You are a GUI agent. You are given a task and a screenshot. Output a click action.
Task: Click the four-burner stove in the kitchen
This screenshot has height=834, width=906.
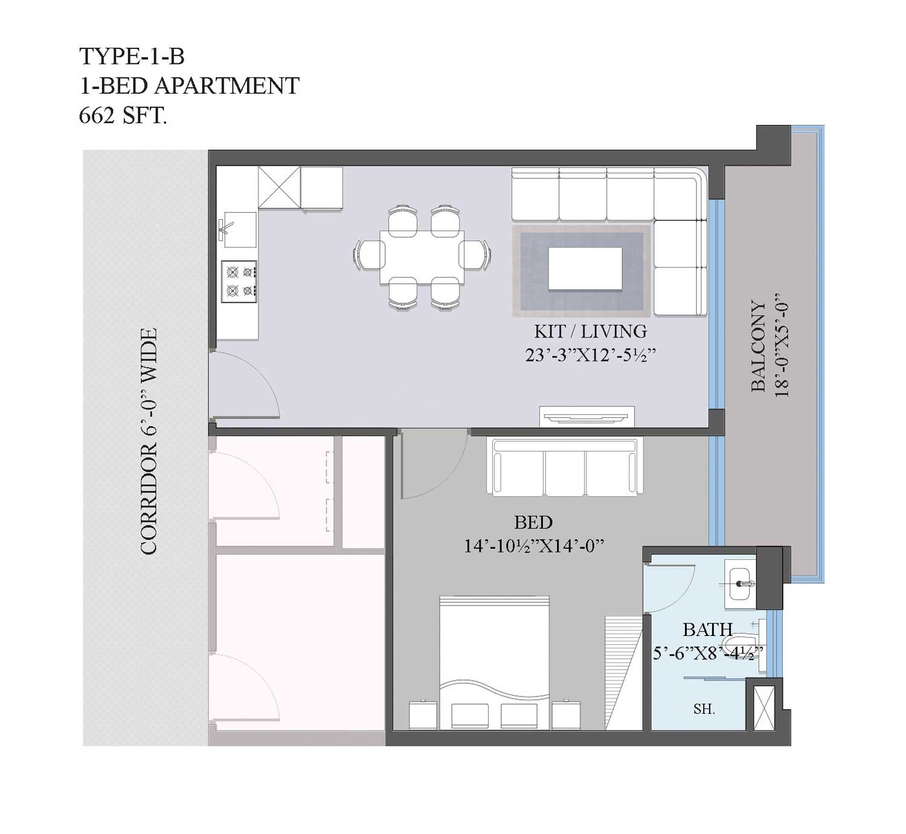pyautogui.click(x=239, y=281)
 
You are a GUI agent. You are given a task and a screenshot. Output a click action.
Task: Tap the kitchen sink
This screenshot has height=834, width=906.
pyautogui.click(x=238, y=230)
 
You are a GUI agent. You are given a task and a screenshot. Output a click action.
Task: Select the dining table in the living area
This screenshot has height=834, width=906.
pyautogui.click(x=422, y=257)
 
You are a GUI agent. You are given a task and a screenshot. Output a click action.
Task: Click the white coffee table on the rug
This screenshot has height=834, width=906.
pyautogui.click(x=585, y=269)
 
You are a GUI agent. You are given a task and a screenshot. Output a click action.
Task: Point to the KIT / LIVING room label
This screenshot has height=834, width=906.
pyautogui.click(x=590, y=332)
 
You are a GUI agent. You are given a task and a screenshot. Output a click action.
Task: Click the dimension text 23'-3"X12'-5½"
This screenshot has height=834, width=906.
pyautogui.click(x=590, y=355)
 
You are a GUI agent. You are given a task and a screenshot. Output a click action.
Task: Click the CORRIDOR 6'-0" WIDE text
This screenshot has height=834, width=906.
pyautogui.click(x=149, y=441)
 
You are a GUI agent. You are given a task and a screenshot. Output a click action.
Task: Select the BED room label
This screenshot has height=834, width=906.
pyautogui.click(x=533, y=523)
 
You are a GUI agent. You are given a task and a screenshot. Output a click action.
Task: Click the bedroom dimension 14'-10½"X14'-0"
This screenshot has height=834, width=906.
pyautogui.click(x=534, y=546)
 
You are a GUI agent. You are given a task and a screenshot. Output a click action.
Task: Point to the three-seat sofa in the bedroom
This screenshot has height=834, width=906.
pyautogui.click(x=565, y=467)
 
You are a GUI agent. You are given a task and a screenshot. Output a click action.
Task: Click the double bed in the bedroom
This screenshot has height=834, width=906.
pyautogui.click(x=495, y=662)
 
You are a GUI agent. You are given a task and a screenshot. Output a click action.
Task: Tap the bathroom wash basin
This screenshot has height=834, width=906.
pyautogui.click(x=741, y=584)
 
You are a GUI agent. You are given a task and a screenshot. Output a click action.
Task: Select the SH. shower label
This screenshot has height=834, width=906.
pyautogui.click(x=704, y=710)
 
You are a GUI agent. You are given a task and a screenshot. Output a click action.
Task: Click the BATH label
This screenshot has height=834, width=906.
pyautogui.click(x=707, y=629)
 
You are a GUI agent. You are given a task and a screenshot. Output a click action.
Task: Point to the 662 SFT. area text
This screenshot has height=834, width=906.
pyautogui.click(x=123, y=115)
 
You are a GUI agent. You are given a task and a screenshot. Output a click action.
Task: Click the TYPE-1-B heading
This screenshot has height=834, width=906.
pyautogui.click(x=132, y=57)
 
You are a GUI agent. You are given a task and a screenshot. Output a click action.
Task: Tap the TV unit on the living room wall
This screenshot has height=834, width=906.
pyautogui.click(x=586, y=417)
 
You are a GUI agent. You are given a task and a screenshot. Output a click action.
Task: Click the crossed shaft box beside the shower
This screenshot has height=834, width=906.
pyautogui.click(x=764, y=708)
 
